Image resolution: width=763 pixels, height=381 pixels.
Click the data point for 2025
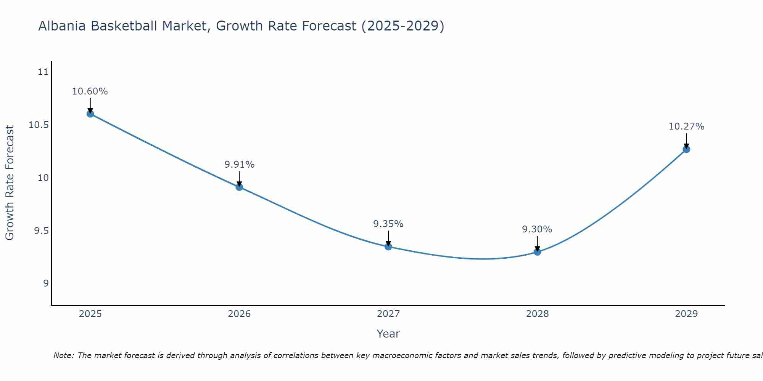(x=90, y=114)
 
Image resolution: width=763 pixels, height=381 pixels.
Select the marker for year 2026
(x=239, y=187)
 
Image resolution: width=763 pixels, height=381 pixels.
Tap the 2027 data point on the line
(x=388, y=247)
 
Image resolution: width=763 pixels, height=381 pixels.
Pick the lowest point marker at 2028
(x=537, y=251)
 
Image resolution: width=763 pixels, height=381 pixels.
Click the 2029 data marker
(x=686, y=149)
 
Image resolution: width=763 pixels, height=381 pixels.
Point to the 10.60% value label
(x=90, y=91)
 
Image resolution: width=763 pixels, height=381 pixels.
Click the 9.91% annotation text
(x=239, y=165)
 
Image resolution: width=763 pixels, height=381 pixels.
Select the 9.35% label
(x=388, y=224)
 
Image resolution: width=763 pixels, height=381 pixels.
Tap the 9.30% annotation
(x=537, y=229)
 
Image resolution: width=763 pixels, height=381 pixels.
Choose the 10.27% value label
(x=686, y=126)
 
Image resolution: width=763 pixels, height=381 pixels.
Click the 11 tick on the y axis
(x=43, y=72)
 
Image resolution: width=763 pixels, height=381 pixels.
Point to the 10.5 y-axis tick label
(x=39, y=125)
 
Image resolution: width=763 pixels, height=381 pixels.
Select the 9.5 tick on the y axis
(x=41, y=231)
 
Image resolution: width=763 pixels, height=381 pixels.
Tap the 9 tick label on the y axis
(x=46, y=283)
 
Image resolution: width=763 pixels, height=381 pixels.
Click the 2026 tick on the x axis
(x=239, y=314)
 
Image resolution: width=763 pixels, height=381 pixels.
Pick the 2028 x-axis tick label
(x=537, y=314)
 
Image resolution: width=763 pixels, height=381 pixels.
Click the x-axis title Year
(x=388, y=334)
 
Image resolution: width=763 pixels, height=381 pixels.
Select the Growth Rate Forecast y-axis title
(x=10, y=183)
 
